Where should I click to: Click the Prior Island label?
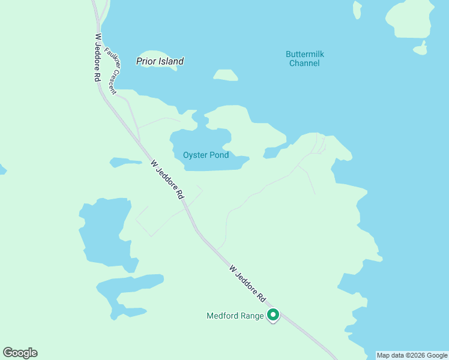click(x=160, y=61)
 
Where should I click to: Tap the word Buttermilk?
click(x=304, y=54)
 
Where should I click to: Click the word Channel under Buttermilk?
click(x=304, y=63)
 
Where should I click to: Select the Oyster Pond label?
click(x=206, y=155)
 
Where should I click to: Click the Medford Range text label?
click(x=235, y=316)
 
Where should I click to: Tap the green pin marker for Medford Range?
click(x=273, y=314)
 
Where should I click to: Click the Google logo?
click(x=20, y=353)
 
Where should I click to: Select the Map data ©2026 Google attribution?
click(x=412, y=355)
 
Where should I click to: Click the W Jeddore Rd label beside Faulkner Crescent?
click(x=97, y=58)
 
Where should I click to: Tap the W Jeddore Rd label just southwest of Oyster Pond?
click(x=167, y=179)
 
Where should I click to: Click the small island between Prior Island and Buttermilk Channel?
click(x=226, y=75)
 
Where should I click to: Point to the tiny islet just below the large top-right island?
click(x=421, y=49)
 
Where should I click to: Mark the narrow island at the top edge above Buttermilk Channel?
click(x=358, y=10)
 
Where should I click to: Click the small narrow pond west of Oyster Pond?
click(x=125, y=162)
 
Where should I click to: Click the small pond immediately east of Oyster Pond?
click(x=273, y=152)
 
